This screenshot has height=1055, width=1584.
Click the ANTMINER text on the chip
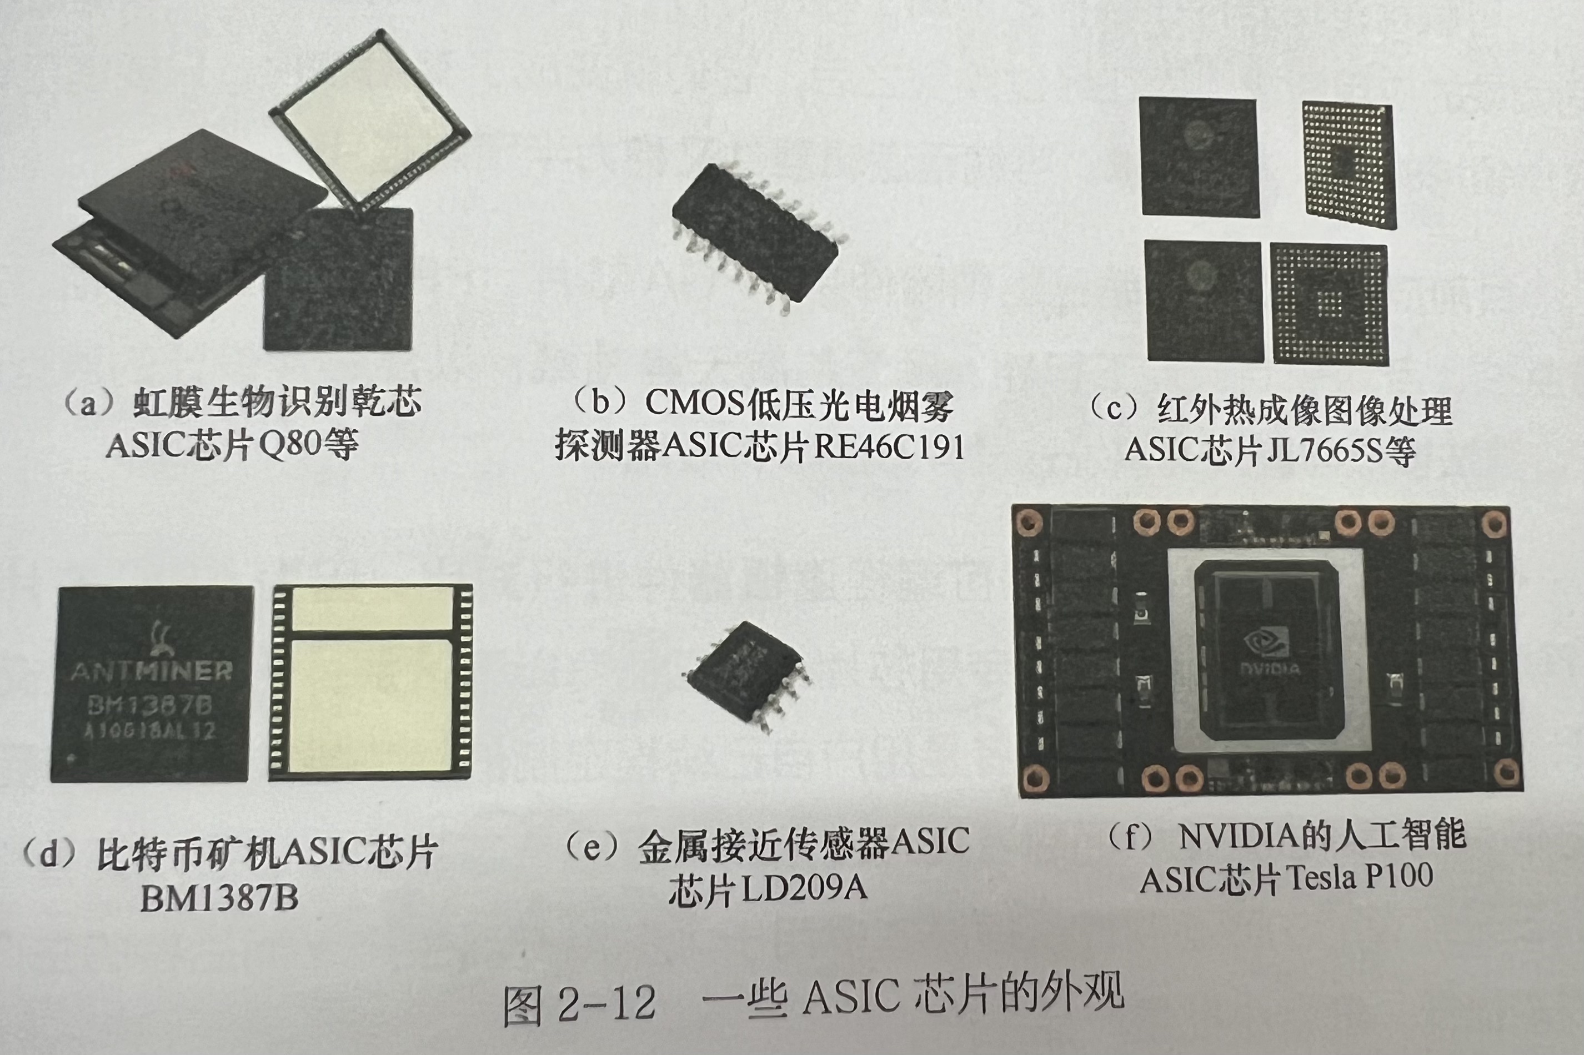[x=152, y=671]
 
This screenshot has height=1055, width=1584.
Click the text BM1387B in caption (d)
[x=219, y=898]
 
